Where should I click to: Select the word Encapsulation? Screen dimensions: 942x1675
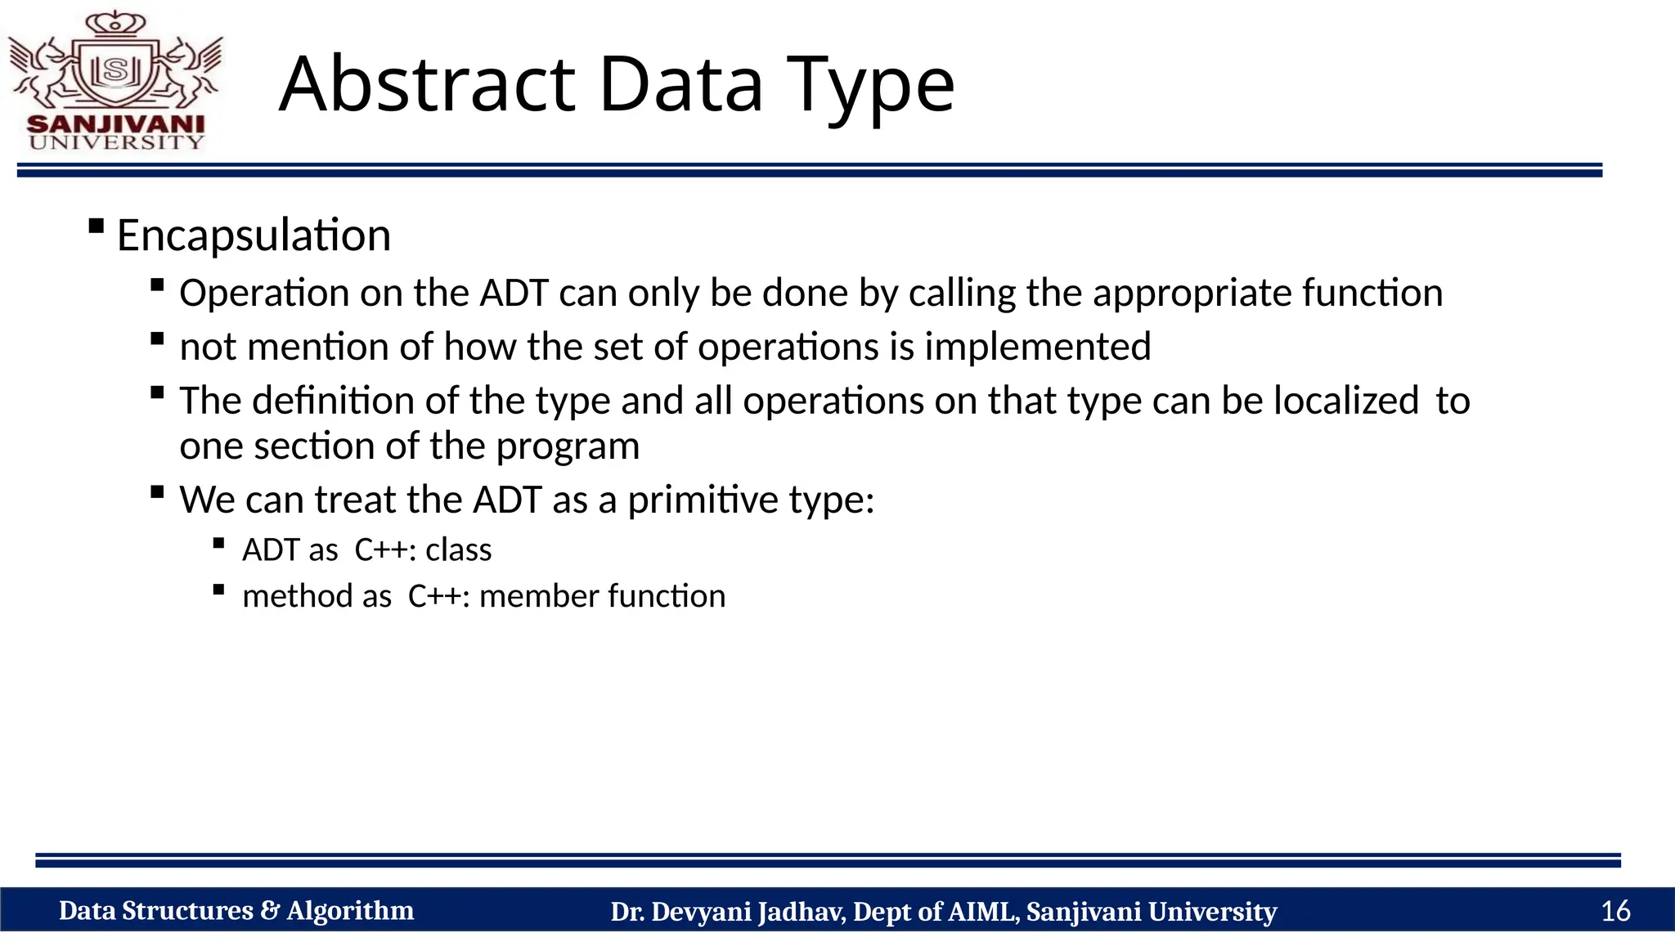[254, 235]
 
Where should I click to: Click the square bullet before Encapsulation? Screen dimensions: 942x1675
[97, 226]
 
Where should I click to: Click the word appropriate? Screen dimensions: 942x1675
[1191, 294]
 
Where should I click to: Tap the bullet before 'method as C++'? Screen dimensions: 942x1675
[218, 590]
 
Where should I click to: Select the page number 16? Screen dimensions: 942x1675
[1615, 911]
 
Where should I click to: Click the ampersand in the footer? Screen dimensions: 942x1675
[270, 911]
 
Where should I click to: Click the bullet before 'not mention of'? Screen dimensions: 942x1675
[158, 339]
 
